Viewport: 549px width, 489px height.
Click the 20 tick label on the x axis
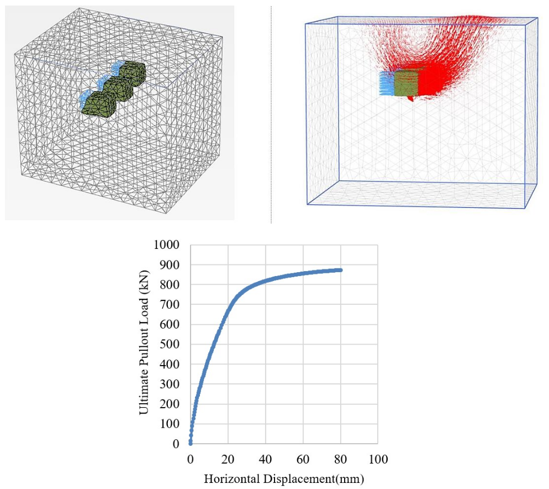pos(228,459)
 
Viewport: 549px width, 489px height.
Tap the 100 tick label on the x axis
pos(377,459)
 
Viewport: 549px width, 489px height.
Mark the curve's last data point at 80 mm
pos(340,270)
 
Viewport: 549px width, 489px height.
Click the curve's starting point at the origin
pos(191,443)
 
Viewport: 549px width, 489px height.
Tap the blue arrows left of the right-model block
pos(387,83)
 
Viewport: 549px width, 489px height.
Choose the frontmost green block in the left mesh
pos(96,104)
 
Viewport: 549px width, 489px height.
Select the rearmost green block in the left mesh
pos(133,72)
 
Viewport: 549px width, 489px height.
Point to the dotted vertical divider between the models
pos(271,111)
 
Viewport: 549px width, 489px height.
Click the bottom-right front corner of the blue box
pos(523,208)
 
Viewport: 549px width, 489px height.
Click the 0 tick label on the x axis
pos(191,459)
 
